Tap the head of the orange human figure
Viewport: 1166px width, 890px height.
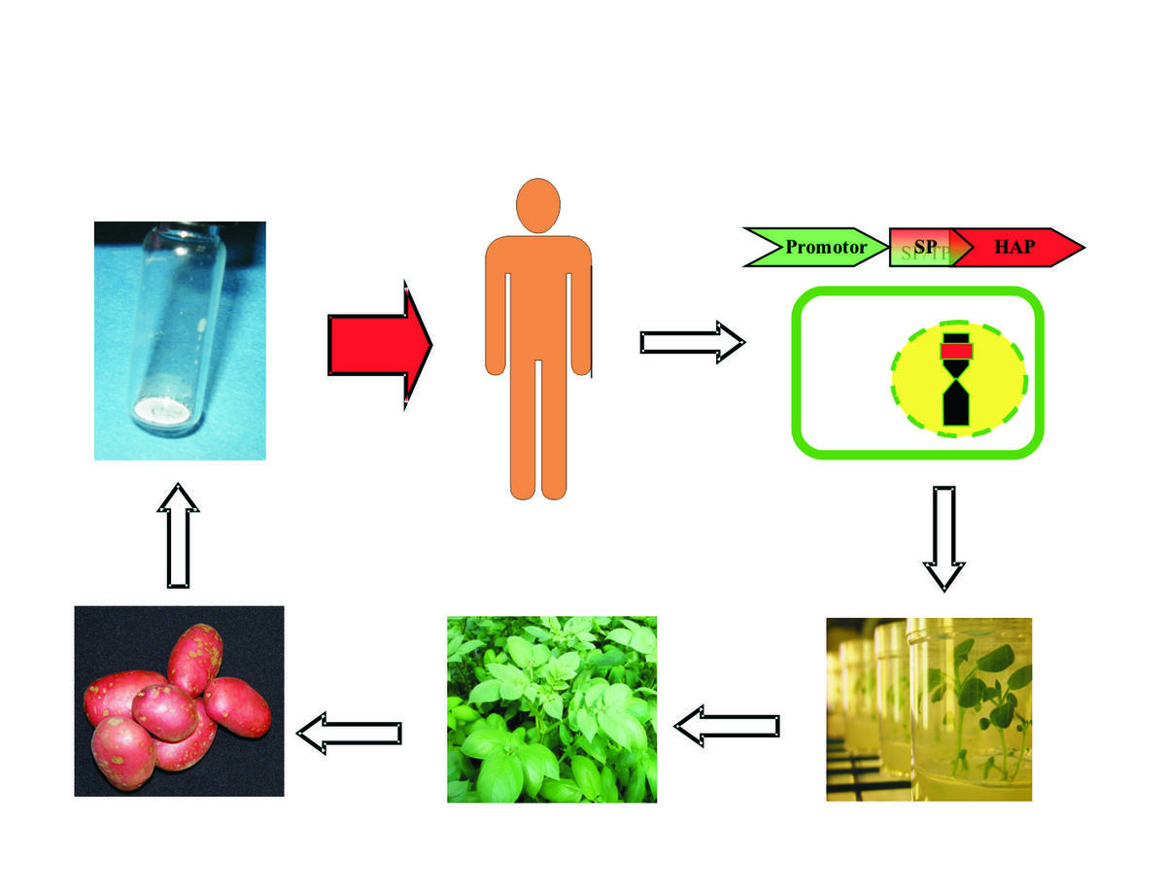pos(538,207)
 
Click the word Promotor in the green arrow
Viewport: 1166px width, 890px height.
pos(826,248)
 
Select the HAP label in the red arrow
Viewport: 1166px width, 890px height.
pos(1014,248)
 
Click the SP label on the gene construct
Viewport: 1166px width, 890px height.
pos(924,248)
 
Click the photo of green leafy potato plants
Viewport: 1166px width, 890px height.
pos(551,709)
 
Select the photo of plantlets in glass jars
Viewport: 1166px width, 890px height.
pos(928,709)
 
